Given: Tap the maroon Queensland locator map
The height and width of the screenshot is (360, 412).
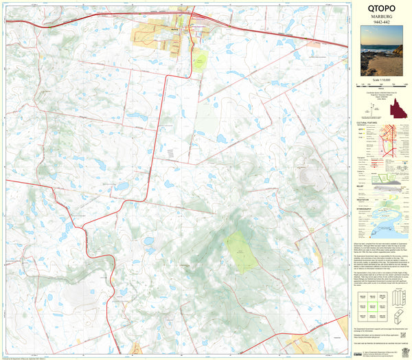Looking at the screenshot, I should [x=397, y=109].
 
